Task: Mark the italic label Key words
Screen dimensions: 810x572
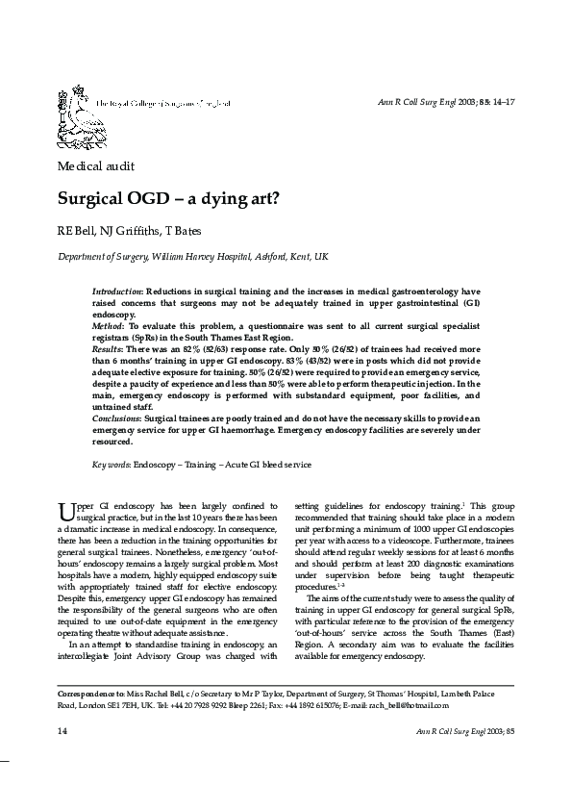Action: pyautogui.click(x=112, y=465)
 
